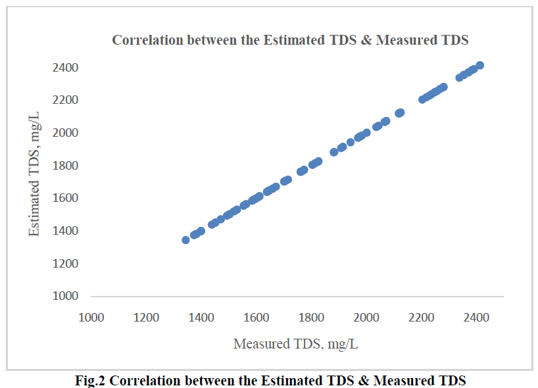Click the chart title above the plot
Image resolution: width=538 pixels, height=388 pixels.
290,39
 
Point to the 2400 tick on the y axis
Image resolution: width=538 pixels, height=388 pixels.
66,68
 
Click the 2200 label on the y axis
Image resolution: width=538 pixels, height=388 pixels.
66,100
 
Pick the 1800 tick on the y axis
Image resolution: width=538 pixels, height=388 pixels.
66,166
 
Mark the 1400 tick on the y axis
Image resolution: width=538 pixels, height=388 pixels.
66,231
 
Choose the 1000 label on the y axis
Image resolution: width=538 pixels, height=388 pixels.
66,296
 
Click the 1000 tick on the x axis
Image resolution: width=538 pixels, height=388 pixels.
91,318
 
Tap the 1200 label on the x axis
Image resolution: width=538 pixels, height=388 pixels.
146,318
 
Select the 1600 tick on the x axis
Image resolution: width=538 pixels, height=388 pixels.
256,318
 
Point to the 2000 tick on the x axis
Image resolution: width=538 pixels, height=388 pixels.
366,318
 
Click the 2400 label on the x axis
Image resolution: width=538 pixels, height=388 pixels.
476,318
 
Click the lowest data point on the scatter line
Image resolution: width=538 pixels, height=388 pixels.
185,240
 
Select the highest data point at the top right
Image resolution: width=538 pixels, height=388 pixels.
480,65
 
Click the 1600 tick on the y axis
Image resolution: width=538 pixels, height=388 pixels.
66,198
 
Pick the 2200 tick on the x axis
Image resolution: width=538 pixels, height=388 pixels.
421,318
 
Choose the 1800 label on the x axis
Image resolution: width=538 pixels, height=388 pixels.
311,318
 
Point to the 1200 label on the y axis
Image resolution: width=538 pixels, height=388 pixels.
66,263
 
